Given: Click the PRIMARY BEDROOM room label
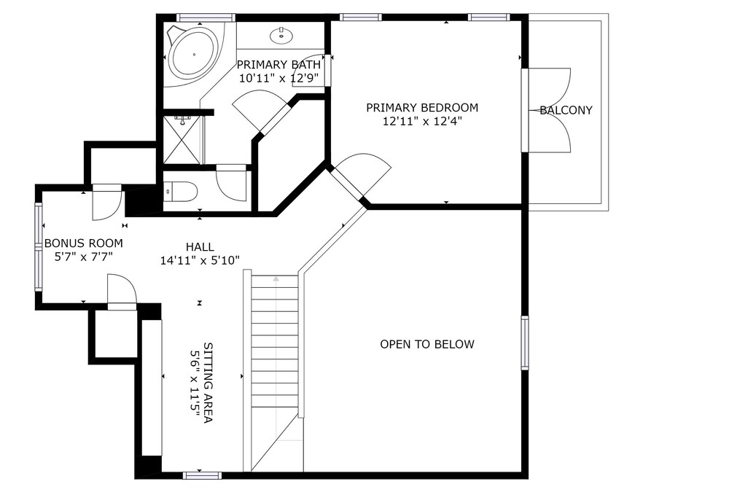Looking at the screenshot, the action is tap(422, 108).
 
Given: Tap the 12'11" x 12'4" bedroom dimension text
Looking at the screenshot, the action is tap(422, 122).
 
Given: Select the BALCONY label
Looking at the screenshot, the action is tap(566, 110).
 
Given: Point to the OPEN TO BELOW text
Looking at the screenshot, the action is tap(427, 344).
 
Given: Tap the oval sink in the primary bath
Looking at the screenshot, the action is tap(281, 35).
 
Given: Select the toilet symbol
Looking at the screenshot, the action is tap(182, 191).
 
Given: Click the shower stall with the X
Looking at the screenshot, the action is tap(182, 139).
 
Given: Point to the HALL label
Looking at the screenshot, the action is tap(200, 247).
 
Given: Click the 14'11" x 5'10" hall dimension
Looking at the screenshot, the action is tap(200, 261).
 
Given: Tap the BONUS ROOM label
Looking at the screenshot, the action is tap(84, 243).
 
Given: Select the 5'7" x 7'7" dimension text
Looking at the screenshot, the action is tap(84, 257).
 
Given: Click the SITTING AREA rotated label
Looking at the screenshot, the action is tap(208, 383).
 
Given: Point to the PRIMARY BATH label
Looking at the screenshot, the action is tap(278, 64).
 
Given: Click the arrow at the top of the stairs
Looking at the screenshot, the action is tap(276, 279).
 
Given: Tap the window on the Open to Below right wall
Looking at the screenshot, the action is tap(525, 343).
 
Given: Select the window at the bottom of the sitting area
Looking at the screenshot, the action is tap(202, 475).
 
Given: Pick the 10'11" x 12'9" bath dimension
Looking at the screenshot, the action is tap(278, 78).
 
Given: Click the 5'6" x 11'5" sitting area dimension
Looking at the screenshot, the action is tap(195, 383).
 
